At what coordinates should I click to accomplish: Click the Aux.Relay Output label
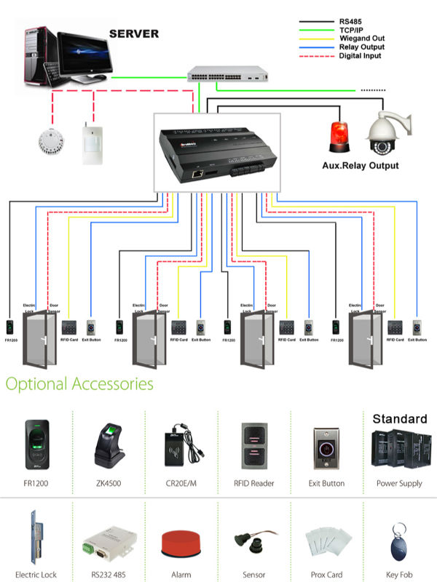[x=361, y=166]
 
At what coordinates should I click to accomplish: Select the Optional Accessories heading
[x=79, y=383]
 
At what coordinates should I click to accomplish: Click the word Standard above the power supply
[x=400, y=419]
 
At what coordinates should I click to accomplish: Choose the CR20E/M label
[x=181, y=483]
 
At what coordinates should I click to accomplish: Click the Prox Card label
[x=327, y=575]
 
